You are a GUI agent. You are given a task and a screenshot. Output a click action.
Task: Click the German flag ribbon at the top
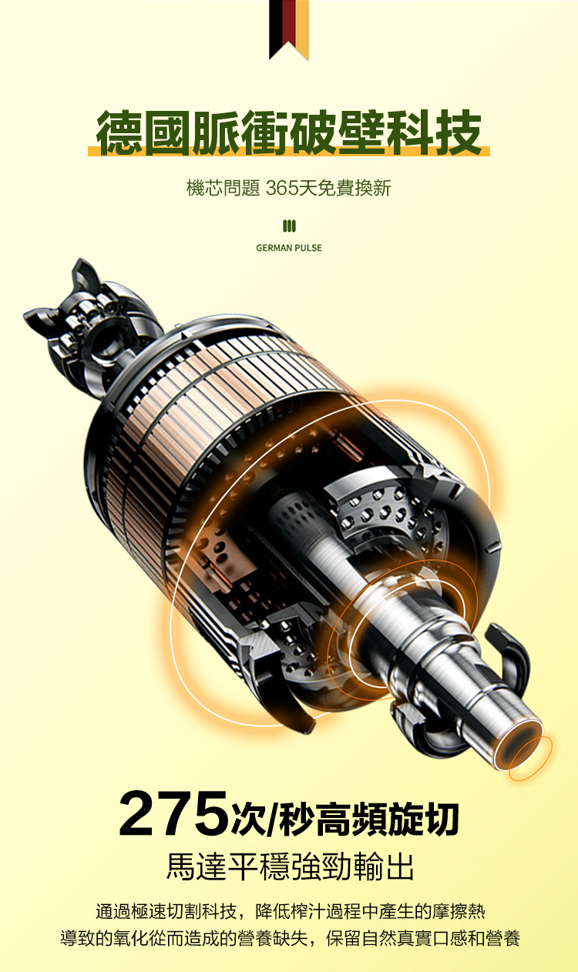[x=289, y=28]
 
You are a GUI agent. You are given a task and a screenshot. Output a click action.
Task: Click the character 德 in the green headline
[x=119, y=132]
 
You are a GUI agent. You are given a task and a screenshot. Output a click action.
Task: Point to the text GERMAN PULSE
[x=289, y=248]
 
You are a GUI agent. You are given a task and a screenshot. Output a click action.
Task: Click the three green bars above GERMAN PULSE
[x=289, y=226]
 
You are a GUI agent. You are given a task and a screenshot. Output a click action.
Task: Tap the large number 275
[x=173, y=813]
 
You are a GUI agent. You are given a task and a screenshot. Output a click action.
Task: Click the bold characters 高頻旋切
[x=388, y=819]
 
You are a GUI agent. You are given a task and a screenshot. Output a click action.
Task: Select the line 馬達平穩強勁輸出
[x=290, y=866]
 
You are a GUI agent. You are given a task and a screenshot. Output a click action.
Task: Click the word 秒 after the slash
[x=297, y=819]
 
